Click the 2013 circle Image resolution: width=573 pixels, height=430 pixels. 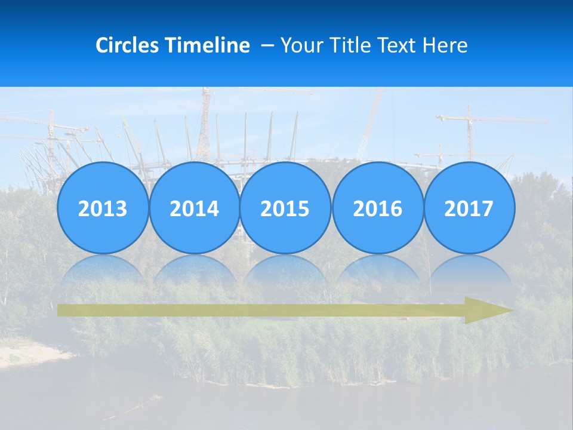point(103,208)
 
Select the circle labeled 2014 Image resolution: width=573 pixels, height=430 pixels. point(194,208)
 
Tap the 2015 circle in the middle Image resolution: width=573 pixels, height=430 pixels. point(285,208)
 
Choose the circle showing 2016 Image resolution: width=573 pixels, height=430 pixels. point(377,208)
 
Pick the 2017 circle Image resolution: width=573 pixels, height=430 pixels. point(469,208)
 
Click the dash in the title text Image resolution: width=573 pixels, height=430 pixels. point(268,45)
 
